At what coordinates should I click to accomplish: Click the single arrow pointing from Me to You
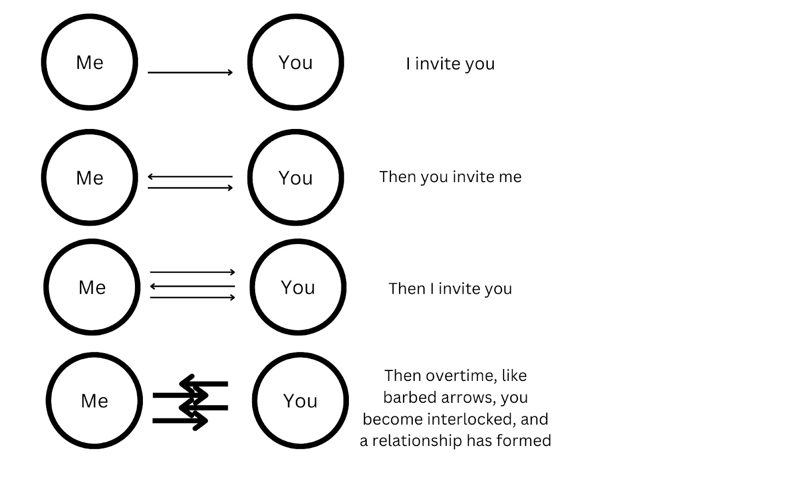tap(190, 72)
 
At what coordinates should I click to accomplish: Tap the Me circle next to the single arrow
tap(89, 62)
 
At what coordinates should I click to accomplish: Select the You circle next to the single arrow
tap(295, 62)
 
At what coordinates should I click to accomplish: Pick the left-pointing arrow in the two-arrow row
tap(190, 176)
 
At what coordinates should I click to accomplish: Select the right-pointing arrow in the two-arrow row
tap(190, 187)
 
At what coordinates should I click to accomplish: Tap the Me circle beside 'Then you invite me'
tap(89, 178)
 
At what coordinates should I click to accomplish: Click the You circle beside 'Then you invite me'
tap(295, 178)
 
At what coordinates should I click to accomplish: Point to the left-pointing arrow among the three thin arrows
tap(193, 286)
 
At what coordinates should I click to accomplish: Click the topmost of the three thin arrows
tap(193, 272)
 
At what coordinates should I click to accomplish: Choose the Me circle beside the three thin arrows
tap(92, 287)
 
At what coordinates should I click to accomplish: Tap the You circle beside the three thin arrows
tap(298, 287)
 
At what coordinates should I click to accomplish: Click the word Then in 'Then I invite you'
tap(407, 289)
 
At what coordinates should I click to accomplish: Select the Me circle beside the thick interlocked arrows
tap(94, 401)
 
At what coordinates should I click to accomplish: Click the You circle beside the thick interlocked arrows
tap(300, 401)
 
